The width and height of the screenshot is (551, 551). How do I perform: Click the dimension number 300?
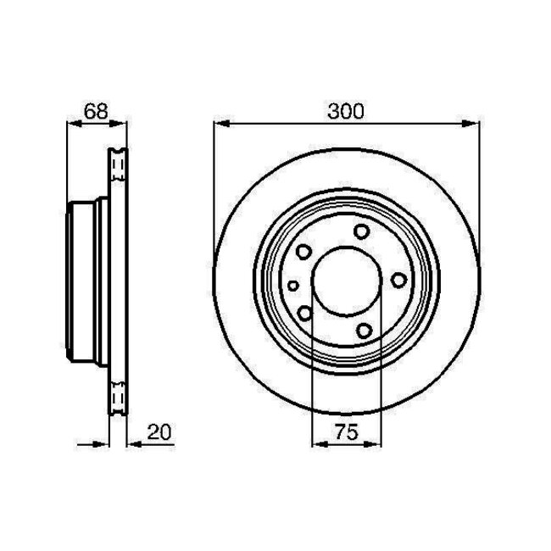click(x=345, y=111)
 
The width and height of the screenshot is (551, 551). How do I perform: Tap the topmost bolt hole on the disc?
click(x=362, y=231)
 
